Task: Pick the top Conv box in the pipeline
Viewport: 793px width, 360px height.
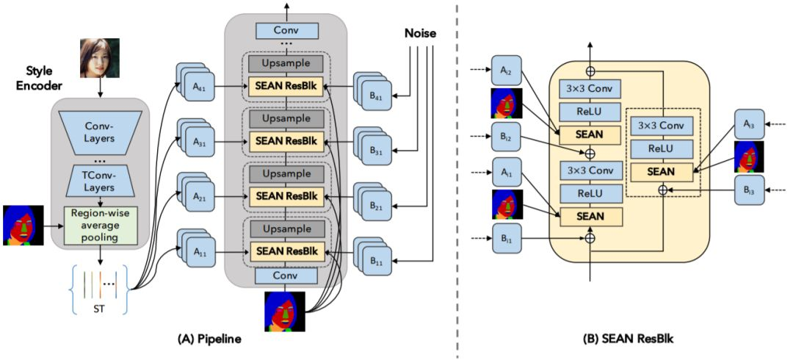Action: tap(287, 32)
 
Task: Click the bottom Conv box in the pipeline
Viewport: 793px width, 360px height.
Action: tap(287, 276)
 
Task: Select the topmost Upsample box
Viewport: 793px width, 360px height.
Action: tap(287, 64)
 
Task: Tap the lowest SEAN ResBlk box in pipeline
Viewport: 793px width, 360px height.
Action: tap(287, 251)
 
